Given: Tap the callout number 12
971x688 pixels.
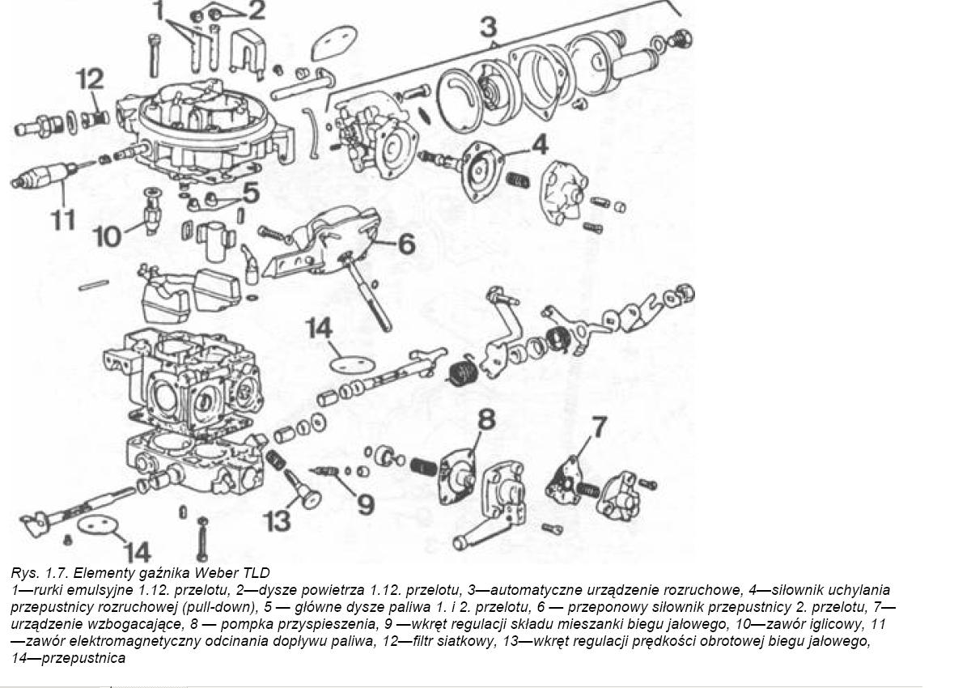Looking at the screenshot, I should (x=90, y=80).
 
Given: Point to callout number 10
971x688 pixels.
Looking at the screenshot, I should (x=107, y=237).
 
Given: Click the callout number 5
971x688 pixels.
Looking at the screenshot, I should (x=250, y=193).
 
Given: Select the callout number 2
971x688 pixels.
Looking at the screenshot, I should (x=256, y=11).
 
